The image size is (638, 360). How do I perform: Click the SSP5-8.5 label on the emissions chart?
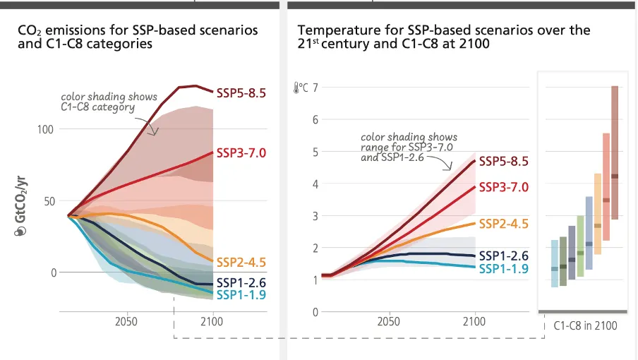pos(241,92)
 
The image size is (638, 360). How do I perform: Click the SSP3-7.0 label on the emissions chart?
pos(241,152)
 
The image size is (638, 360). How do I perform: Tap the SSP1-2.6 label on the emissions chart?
pos(241,283)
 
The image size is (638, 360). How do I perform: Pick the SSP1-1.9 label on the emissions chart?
pos(241,294)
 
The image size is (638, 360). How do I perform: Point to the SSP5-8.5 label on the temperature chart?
pos(503,161)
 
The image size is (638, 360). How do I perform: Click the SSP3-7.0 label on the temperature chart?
pos(503,187)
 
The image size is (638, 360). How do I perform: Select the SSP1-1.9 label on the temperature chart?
pos(503,268)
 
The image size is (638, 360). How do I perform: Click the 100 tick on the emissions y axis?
pos(45,129)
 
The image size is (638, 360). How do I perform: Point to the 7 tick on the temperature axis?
pos(315,88)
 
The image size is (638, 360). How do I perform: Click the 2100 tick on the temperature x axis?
pos(474,322)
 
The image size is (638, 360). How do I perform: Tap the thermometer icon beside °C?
pos(296,88)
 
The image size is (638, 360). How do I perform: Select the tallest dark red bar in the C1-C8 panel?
pos(615,152)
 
